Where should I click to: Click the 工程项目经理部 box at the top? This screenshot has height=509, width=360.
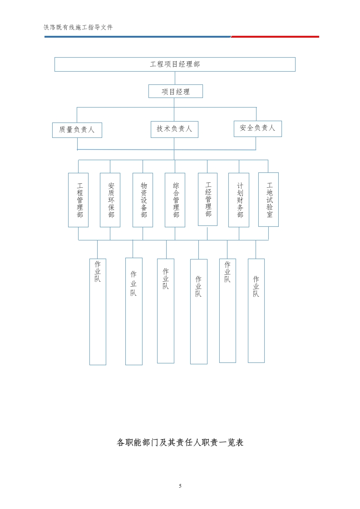[x=175, y=64]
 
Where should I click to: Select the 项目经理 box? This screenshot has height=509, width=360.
[x=175, y=91]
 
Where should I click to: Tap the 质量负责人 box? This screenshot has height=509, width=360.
[x=77, y=130]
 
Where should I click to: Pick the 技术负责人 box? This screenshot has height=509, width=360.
[x=174, y=129]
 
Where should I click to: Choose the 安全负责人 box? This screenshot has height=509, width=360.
[x=257, y=128]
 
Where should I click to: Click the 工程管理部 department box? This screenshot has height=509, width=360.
[x=78, y=200]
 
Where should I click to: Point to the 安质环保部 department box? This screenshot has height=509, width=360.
[x=110, y=200]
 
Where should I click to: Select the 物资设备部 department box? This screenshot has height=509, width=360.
[x=143, y=200]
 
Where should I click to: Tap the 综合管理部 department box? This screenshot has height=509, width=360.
[x=175, y=200]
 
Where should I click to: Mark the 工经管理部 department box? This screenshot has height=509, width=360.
[x=207, y=199]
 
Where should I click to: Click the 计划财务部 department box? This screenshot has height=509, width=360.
[x=239, y=200]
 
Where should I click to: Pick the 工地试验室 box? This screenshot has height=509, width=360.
[x=268, y=199]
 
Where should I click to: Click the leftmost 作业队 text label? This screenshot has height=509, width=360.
[x=98, y=271]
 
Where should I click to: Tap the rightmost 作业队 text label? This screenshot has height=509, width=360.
[x=256, y=286]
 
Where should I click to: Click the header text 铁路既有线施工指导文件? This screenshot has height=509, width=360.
[x=78, y=27]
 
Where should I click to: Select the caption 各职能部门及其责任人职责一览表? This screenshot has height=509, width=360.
[x=180, y=442]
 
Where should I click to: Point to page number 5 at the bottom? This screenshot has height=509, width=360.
[x=180, y=486]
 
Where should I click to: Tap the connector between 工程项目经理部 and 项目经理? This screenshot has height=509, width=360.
[x=175, y=78]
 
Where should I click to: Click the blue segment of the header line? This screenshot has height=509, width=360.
[x=136, y=37]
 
